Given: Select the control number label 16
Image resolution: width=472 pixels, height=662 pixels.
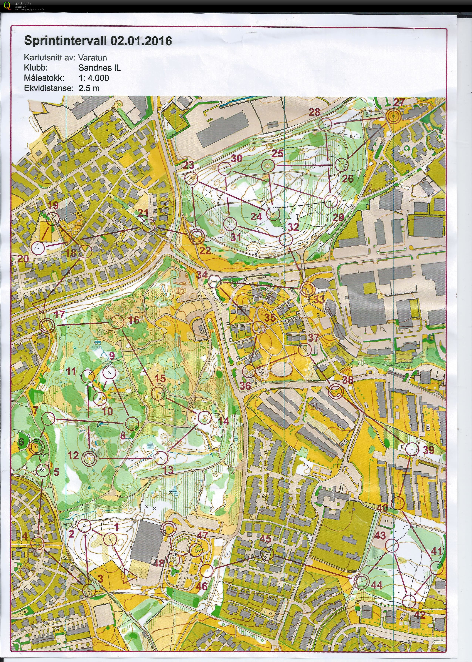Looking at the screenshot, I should (x=134, y=320).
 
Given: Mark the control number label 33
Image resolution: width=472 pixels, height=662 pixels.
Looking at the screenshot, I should (x=319, y=300).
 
